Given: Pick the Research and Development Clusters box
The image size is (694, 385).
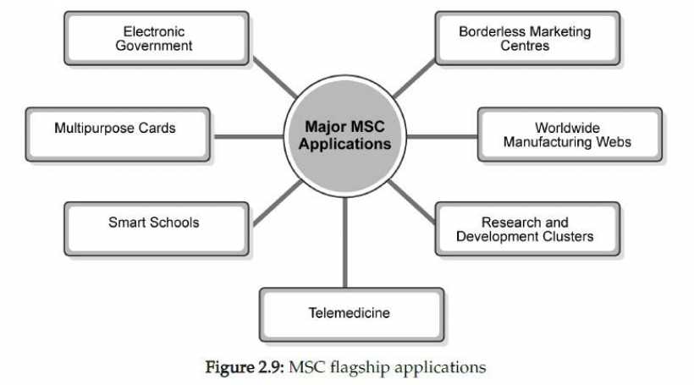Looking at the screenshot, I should [x=525, y=229].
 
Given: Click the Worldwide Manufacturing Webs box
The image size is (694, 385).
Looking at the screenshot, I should [x=568, y=135].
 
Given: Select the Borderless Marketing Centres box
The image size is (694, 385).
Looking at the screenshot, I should [x=525, y=38].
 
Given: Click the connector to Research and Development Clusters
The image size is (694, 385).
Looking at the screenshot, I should [x=415, y=199].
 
